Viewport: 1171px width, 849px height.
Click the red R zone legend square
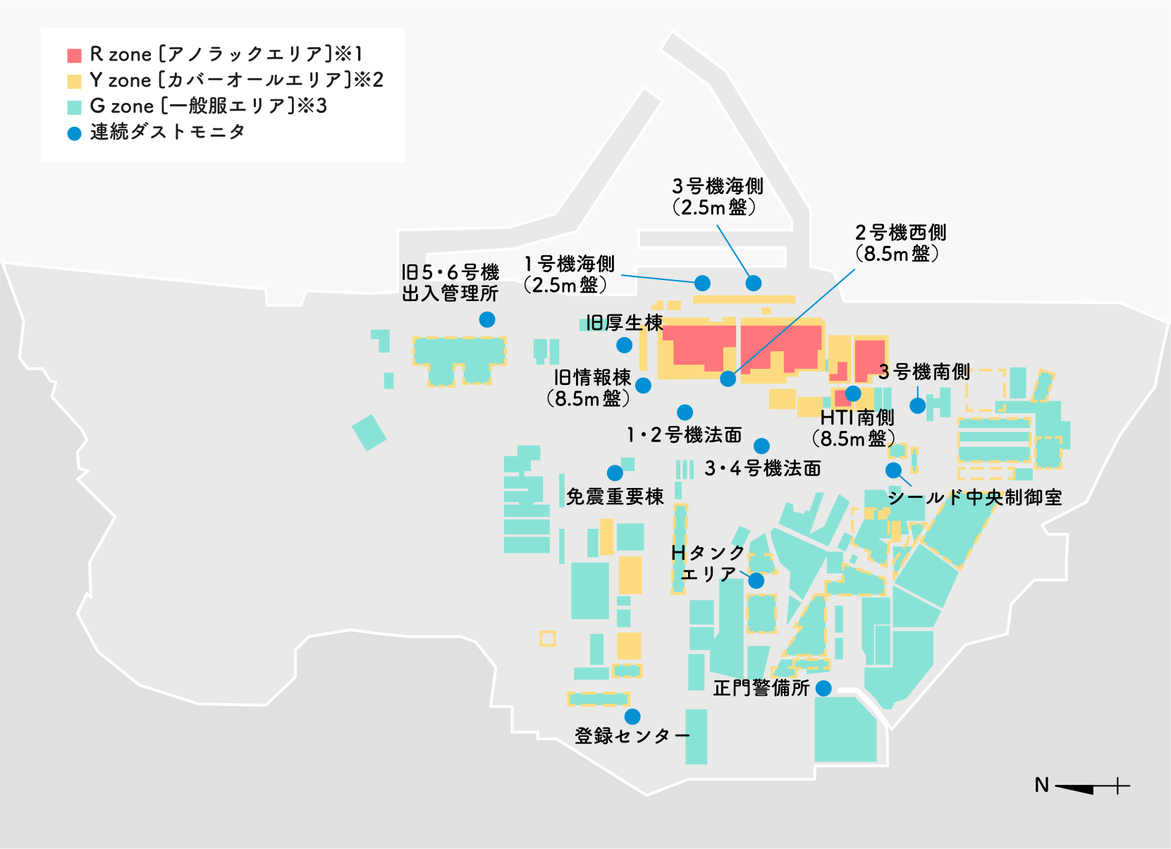(x=74, y=55)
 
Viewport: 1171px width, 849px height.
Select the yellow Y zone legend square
(x=74, y=81)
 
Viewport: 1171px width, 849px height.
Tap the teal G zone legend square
(x=74, y=107)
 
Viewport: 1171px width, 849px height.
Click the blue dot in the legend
(x=74, y=133)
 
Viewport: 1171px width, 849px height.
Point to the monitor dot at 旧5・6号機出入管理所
(x=486, y=319)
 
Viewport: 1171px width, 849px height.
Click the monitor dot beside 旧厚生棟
(x=624, y=345)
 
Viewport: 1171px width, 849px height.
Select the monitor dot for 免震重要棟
(x=615, y=472)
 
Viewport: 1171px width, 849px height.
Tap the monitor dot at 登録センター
(x=632, y=716)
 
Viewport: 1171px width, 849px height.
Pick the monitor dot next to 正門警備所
(x=823, y=688)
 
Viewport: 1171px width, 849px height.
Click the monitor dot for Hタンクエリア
(x=756, y=580)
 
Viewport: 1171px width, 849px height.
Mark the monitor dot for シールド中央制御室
(x=893, y=470)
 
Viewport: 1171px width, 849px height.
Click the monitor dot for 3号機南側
(x=917, y=405)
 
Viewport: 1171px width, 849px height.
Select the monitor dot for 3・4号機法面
(x=761, y=446)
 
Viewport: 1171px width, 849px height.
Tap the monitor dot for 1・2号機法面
(x=685, y=412)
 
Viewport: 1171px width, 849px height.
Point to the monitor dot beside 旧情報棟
(x=643, y=385)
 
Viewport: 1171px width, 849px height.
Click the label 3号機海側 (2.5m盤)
(x=717, y=197)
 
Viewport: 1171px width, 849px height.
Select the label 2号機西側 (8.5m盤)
(x=900, y=243)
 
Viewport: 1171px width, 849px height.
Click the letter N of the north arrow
(x=1042, y=785)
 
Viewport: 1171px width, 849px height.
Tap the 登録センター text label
(x=632, y=736)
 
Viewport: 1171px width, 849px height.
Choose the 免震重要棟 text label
(x=615, y=497)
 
